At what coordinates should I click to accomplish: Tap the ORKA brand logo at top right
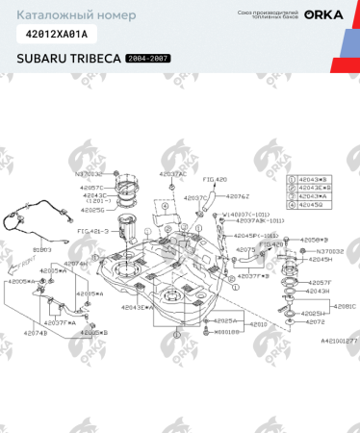pyautogui.click(x=322, y=14)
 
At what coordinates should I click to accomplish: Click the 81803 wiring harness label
pyautogui.click(x=42, y=248)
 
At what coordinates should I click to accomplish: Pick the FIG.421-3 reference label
pyautogui.click(x=93, y=232)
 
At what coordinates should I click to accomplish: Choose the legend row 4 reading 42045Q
pyautogui.click(x=314, y=204)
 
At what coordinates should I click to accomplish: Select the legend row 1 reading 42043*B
pyautogui.click(x=314, y=179)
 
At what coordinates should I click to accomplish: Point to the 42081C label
pyautogui.click(x=344, y=306)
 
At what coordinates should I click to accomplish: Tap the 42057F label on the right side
pyautogui.click(x=320, y=282)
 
